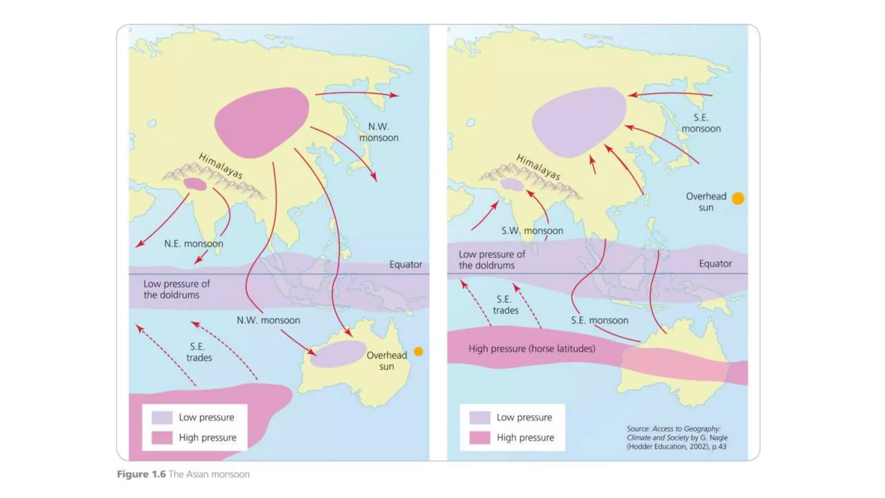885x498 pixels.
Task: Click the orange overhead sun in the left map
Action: [418, 351]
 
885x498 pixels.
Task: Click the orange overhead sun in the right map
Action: [738, 198]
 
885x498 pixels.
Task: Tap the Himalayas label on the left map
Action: [220, 166]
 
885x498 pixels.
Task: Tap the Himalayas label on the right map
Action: [538, 167]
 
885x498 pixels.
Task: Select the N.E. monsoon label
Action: [194, 244]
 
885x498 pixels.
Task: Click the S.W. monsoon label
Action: [532, 231]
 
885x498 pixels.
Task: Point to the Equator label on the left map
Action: [405, 264]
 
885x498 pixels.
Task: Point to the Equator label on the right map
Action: [715, 264]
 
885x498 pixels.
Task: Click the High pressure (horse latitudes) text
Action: [532, 348]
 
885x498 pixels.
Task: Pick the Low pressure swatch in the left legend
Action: [162, 418]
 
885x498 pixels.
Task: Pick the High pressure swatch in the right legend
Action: [480, 438]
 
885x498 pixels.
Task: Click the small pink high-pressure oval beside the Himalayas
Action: [195, 184]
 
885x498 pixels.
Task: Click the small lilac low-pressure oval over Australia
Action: [338, 354]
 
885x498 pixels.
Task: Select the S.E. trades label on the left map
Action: [199, 352]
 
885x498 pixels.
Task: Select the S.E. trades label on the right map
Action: [505, 305]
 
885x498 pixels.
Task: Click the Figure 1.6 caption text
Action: [183, 474]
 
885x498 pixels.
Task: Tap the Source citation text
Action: [677, 437]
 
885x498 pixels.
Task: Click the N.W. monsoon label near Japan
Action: [379, 132]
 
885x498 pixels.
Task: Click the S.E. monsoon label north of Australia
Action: [599, 320]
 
